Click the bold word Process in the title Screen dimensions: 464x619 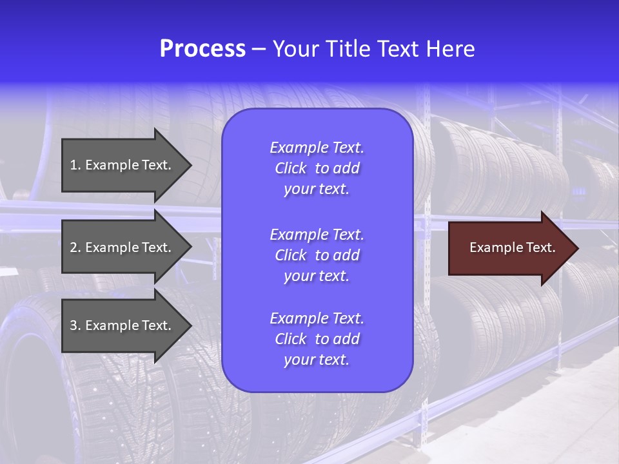202,49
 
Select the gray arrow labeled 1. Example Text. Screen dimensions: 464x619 123,165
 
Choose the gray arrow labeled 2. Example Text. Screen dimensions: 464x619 123,247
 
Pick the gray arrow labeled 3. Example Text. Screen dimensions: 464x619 123,325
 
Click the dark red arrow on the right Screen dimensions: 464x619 509,248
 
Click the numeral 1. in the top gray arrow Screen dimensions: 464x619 75,165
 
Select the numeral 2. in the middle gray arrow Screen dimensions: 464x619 75,247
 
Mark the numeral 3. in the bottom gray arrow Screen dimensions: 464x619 75,325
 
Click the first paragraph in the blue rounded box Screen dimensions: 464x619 317,168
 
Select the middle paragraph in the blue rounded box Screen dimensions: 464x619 317,255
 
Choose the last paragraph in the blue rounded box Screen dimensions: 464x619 317,339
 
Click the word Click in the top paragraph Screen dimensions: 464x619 290,168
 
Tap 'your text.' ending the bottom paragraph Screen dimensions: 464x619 317,360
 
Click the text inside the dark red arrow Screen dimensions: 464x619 512,247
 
